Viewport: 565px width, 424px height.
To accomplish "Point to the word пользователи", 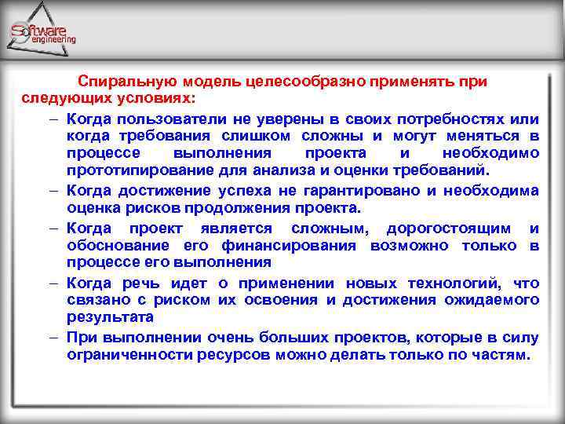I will pyautogui.click(x=167, y=119).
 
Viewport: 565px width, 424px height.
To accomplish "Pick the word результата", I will pyautogui.click(x=110, y=318).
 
